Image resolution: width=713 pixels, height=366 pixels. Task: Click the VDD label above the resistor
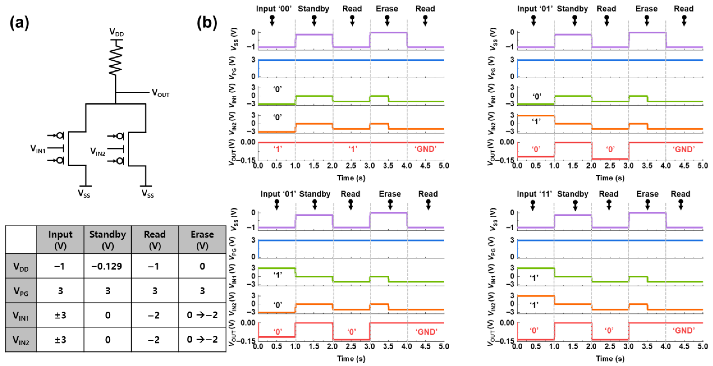pyautogui.click(x=116, y=32)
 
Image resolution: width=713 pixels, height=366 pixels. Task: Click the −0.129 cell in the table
pyautogui.click(x=107, y=266)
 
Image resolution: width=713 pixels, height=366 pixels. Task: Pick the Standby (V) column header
pyautogui.click(x=107, y=240)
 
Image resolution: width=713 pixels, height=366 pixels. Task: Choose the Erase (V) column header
pyautogui.click(x=202, y=240)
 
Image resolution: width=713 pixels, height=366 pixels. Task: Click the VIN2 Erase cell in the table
pyautogui.click(x=202, y=339)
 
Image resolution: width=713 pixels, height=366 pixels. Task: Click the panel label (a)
pyautogui.click(x=19, y=23)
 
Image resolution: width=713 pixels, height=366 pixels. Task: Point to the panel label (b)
pyautogui.click(x=207, y=23)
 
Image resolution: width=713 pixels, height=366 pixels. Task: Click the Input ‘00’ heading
pyautogui.click(x=274, y=9)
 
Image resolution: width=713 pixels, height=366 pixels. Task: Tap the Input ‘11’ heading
pyautogui.click(x=534, y=194)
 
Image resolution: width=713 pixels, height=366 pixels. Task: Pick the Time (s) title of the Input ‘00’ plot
pyautogui.click(x=351, y=178)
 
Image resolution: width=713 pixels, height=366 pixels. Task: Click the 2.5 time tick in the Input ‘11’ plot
pyautogui.click(x=610, y=346)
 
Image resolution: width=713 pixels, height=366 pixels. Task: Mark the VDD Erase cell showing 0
pyautogui.click(x=202, y=266)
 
